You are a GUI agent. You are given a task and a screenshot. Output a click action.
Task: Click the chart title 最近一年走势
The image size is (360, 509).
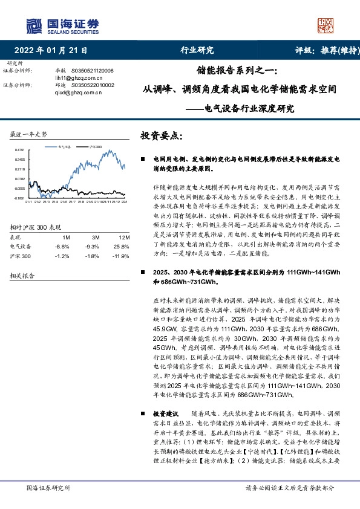point(28,134)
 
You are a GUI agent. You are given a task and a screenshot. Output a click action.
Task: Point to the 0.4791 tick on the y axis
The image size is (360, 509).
point(19,150)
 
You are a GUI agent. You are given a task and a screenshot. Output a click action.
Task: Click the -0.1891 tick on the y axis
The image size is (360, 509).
point(19,198)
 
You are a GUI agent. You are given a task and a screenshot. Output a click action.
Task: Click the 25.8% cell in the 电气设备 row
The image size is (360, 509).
point(120,247)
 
